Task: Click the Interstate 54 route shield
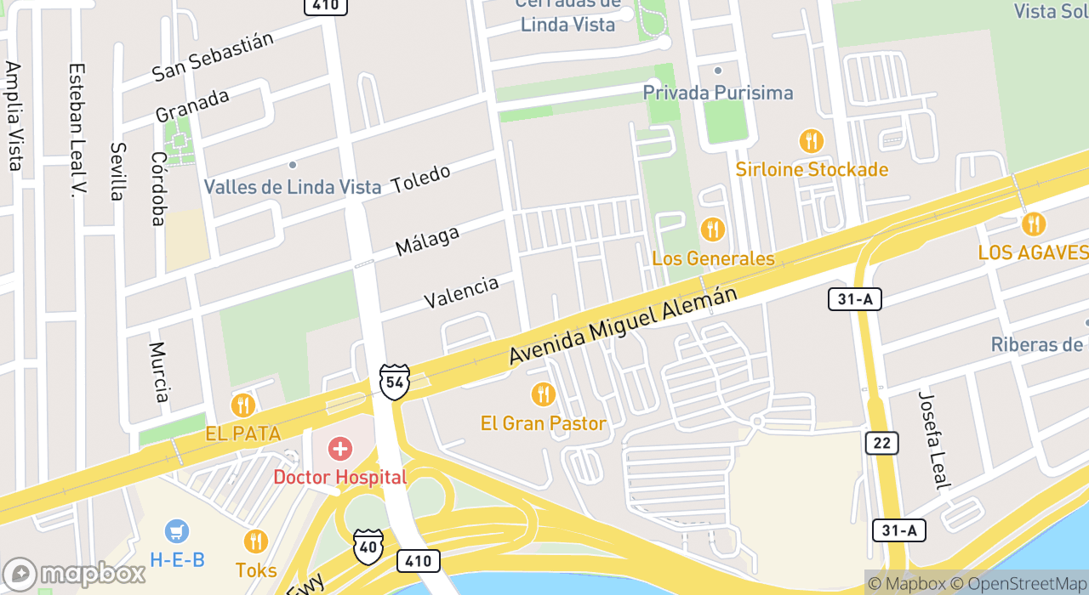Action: coord(394,382)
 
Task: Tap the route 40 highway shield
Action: coord(368,546)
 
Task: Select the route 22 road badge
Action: coord(882,443)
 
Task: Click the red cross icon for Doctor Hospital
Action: coord(340,449)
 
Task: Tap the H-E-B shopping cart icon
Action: coord(177,532)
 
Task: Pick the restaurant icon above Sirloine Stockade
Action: coord(812,141)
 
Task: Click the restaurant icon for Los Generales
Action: coord(712,229)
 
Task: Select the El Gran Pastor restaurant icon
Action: coord(543,394)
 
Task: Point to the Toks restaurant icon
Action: coord(255,541)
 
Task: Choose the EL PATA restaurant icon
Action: coord(242,405)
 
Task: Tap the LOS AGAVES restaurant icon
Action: coord(1034,224)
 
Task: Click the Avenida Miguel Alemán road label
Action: coord(623,326)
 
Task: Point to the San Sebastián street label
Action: coord(213,57)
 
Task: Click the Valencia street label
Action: coord(461,292)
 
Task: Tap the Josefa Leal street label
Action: coord(933,440)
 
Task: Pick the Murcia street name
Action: coord(159,372)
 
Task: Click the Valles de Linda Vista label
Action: coord(293,187)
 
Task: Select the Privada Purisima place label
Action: coord(718,93)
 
